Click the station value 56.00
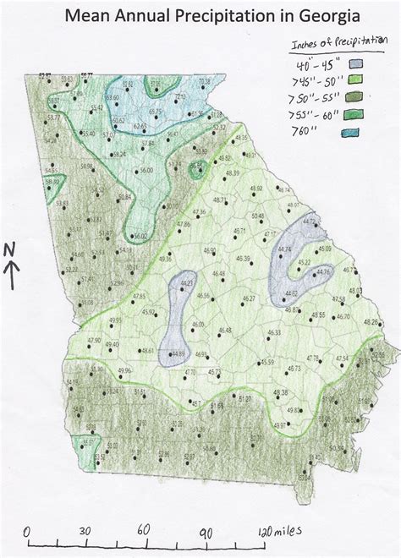coord(147,171)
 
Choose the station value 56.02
coord(139,235)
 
